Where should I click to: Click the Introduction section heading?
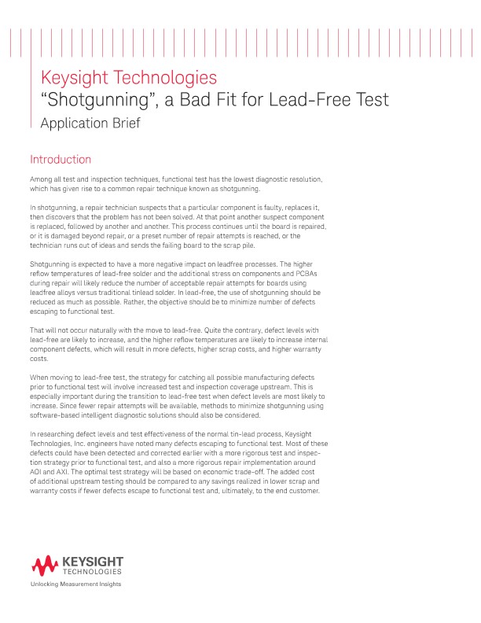coord(61,160)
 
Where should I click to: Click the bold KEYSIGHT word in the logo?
coord(92,562)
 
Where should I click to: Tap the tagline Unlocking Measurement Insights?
coord(75,584)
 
